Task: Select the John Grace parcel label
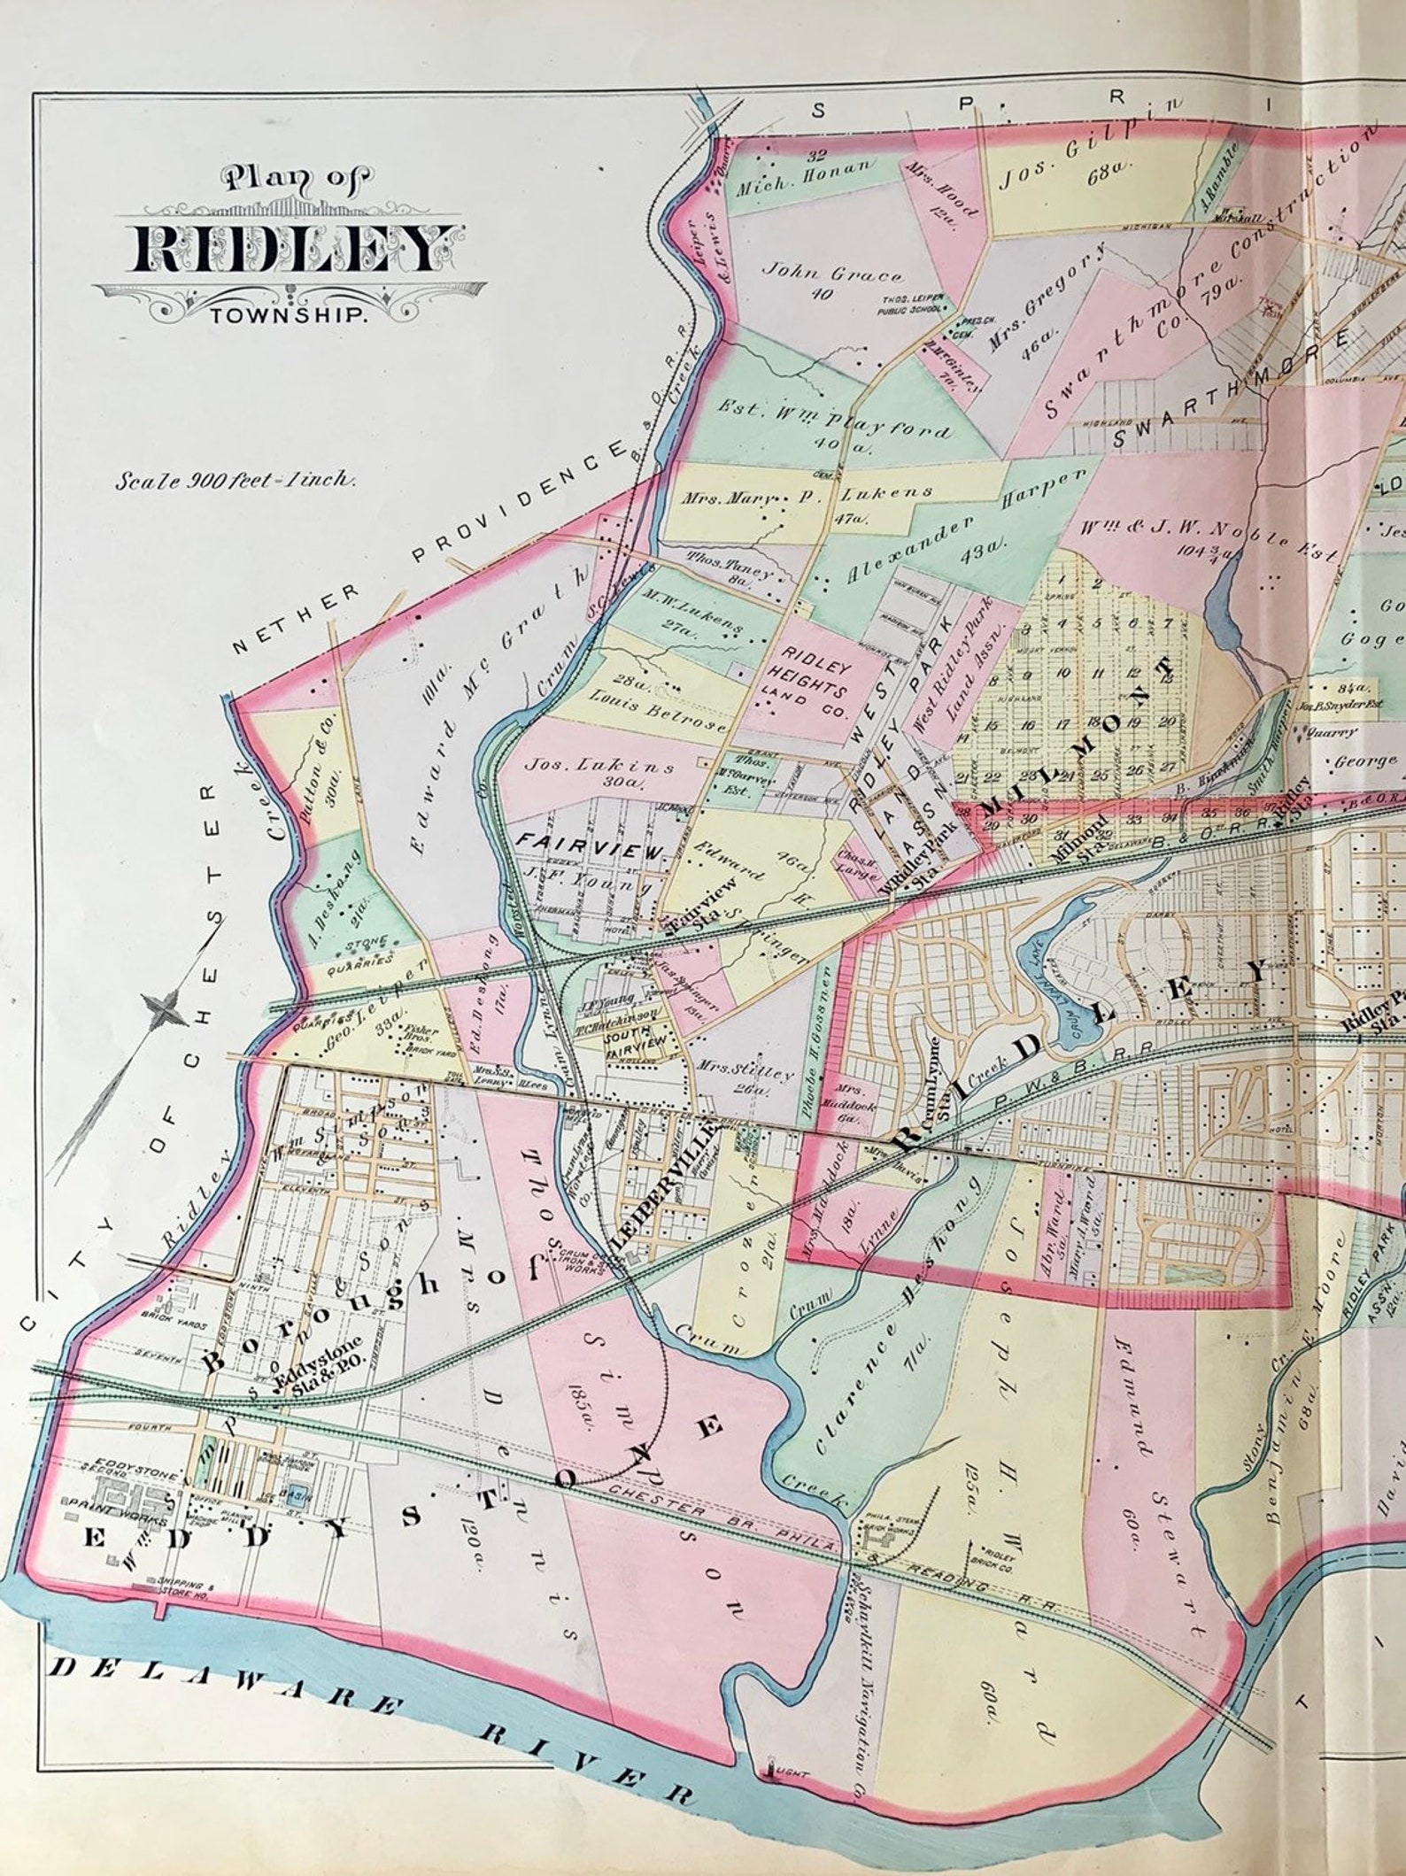point(822,282)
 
